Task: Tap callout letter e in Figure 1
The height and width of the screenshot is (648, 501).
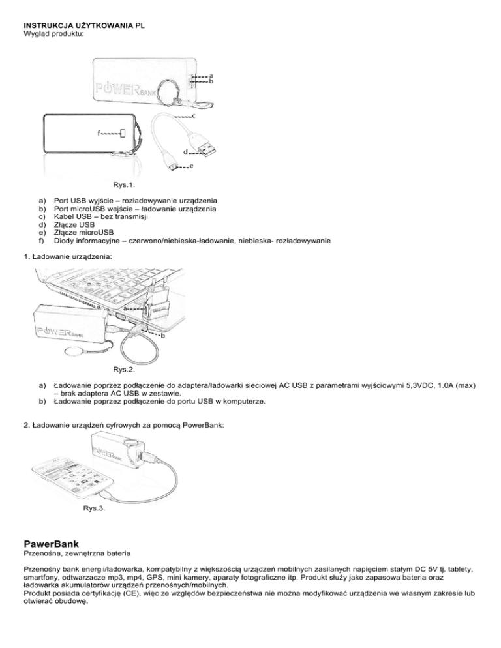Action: (191, 167)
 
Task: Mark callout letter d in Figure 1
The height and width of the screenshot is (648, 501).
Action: (185, 151)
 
